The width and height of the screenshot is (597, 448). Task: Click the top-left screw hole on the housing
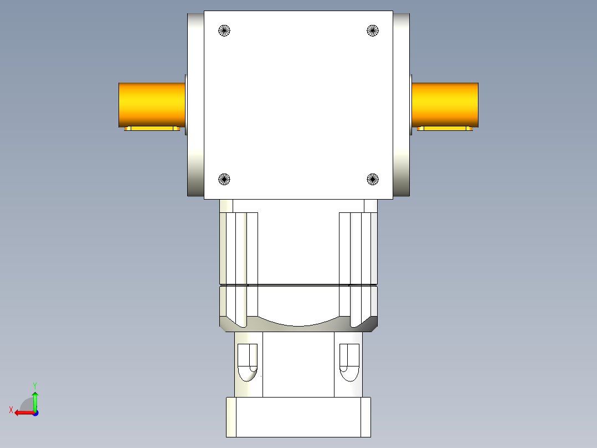pyautogui.click(x=224, y=30)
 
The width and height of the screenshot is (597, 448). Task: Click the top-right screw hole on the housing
pyautogui.click(x=373, y=30)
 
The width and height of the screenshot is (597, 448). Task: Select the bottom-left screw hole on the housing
pyautogui.click(x=224, y=179)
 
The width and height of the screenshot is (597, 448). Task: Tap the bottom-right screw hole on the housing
pyautogui.click(x=373, y=179)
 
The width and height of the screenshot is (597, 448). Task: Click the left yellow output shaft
pyautogui.click(x=151, y=104)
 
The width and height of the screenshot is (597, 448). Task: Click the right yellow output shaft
pyautogui.click(x=445, y=104)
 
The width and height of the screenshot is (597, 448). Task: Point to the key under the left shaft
pyautogui.click(x=152, y=129)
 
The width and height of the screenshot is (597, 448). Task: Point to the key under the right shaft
pyautogui.click(x=445, y=129)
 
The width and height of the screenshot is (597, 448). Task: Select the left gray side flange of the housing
pyautogui.click(x=195, y=105)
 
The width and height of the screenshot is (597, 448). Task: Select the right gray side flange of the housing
pyautogui.click(x=402, y=105)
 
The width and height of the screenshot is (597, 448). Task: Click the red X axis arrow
pyautogui.click(x=23, y=413)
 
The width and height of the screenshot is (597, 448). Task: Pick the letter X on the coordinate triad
pyautogui.click(x=11, y=410)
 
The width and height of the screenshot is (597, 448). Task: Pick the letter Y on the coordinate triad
pyautogui.click(x=35, y=385)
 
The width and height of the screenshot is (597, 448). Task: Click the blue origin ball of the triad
pyautogui.click(x=35, y=413)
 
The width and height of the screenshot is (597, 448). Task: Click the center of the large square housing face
pyautogui.click(x=298, y=105)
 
